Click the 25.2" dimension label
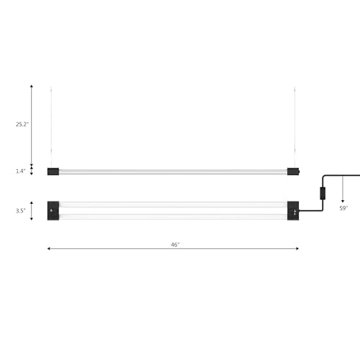[22, 125]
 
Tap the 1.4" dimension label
[21, 171]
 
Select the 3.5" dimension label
[21, 211]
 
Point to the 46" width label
[175, 245]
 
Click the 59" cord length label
[343, 208]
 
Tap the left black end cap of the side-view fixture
[53, 171]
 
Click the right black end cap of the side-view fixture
[293, 171]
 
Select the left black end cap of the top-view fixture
[53, 211]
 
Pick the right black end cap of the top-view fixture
[293, 211]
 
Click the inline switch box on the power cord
[323, 194]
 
